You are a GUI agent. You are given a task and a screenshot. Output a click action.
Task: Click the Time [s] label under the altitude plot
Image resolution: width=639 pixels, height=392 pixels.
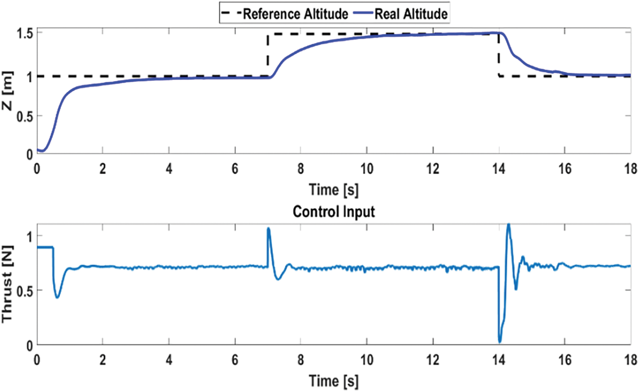[334, 190]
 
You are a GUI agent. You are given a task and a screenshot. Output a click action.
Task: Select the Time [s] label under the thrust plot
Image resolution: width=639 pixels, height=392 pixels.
[334, 381]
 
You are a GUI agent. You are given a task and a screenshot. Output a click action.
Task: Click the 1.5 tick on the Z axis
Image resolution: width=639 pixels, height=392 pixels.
[23, 34]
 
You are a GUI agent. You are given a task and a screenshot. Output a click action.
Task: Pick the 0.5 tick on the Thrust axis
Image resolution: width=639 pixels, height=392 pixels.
[23, 290]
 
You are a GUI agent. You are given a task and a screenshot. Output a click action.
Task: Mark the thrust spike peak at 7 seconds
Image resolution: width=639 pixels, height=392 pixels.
[269, 229]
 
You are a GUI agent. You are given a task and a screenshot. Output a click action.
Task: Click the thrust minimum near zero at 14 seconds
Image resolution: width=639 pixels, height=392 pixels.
[500, 341]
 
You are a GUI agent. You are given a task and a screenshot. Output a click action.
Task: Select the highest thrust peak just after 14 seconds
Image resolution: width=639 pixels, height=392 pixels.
[508, 224]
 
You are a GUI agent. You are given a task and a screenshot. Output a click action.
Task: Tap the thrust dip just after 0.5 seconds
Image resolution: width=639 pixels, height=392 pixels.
[57, 297]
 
